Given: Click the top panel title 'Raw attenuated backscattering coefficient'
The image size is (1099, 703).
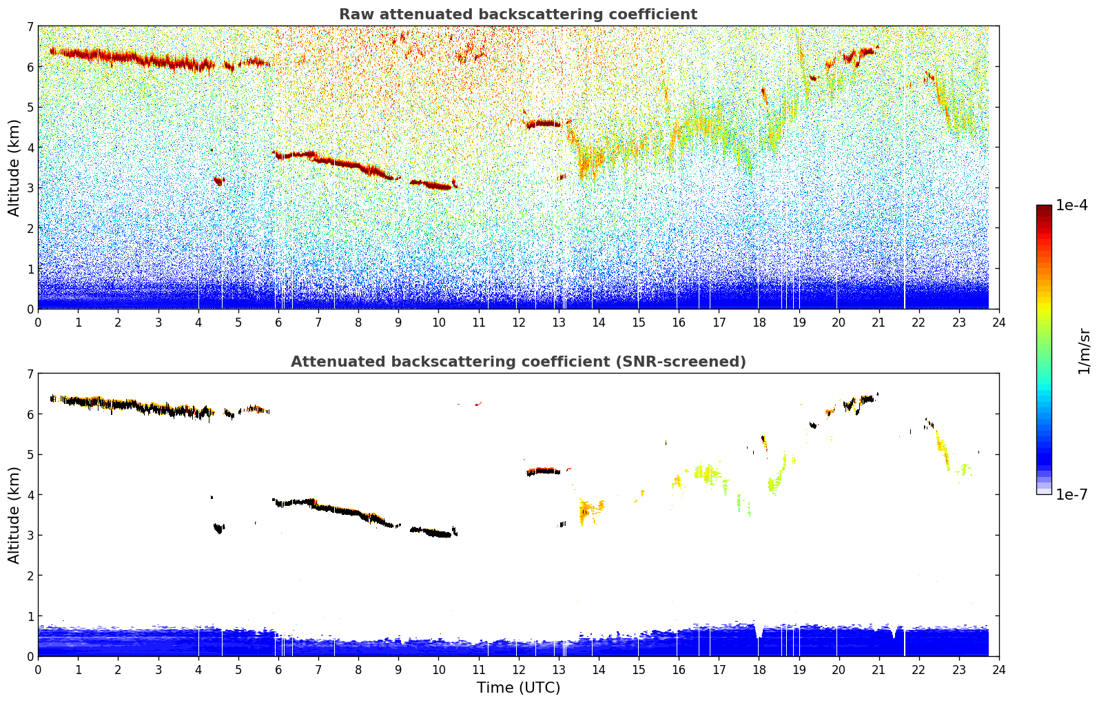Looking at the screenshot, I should point(517,14).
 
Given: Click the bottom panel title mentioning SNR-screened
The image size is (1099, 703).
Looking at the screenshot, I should point(517,362).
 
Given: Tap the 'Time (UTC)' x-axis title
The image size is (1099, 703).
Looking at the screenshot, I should point(518,687).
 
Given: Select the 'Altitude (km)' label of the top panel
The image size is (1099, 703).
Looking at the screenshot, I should point(14,167).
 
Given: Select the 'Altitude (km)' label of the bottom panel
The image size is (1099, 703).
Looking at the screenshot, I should point(14,515).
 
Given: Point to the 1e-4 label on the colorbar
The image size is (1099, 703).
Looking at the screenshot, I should point(1071,205).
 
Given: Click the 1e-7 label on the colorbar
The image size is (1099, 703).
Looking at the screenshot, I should point(1071,494).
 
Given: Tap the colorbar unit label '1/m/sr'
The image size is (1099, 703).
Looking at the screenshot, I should point(1084,351).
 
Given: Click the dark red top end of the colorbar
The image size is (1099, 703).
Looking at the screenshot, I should point(1044,209).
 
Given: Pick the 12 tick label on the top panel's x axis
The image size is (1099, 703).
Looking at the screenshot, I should point(518,322).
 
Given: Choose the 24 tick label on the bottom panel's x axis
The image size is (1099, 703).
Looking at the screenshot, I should point(998,669).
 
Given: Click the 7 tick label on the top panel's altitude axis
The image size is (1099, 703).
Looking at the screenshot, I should point(30,27).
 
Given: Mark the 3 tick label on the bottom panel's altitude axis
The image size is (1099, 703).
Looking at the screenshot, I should point(30,536).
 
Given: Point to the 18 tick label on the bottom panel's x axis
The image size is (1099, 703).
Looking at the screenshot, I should point(759,669).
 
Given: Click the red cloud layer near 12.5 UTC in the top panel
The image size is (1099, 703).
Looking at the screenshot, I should point(544,124).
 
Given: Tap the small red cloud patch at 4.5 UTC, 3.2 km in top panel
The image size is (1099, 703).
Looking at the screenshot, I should point(219,181).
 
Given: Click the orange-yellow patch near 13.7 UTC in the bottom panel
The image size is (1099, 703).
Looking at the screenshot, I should point(587,511).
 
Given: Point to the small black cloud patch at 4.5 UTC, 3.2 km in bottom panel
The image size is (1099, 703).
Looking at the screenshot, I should point(219,529).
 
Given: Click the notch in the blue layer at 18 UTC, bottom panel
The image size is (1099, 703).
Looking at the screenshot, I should point(759,632).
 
